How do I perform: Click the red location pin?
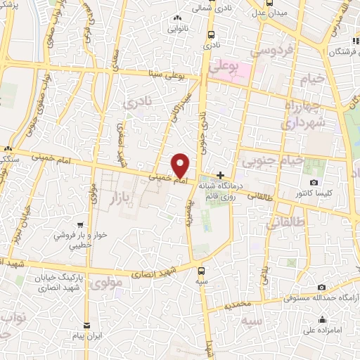pyautogui.click(x=181, y=165)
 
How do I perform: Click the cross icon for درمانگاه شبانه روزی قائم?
pyautogui.click(x=221, y=175)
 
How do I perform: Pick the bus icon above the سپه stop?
pyautogui.click(x=202, y=270)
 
